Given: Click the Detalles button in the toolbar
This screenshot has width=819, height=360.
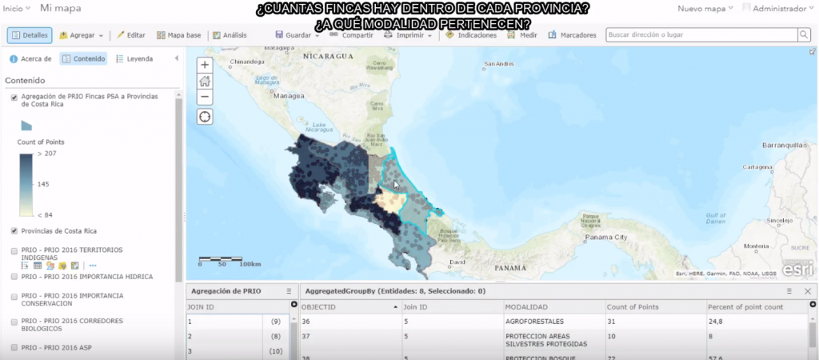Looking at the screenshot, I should coord(30,35).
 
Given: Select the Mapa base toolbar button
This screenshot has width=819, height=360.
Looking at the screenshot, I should coord(178,35).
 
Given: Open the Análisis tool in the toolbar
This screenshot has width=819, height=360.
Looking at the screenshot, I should coord(230,35).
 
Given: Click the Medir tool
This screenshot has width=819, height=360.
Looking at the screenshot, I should coord(522,35).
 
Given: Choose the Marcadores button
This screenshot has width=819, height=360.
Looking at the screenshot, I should coord(572,35).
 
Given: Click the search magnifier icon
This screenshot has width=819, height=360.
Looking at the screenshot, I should coord(804,35).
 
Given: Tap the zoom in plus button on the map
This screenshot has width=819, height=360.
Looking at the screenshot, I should coord(206,65).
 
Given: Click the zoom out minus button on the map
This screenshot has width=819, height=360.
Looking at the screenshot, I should coord(206,97).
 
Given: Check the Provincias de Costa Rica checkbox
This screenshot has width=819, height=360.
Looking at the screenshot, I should coord(14,230).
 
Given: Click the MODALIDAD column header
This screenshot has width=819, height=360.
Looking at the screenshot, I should coord(526,306).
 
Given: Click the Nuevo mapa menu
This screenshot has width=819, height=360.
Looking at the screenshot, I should coord(705,9).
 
